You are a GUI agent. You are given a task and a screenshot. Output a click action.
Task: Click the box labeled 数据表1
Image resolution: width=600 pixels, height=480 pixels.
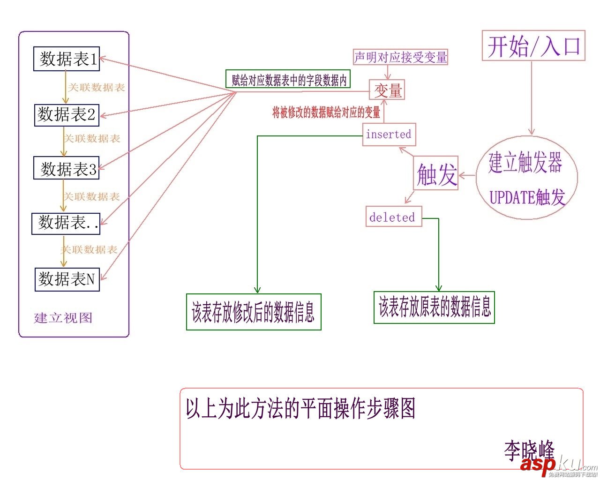(x=67, y=59)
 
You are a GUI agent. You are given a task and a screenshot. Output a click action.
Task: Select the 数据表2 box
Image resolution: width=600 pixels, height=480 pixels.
(x=67, y=115)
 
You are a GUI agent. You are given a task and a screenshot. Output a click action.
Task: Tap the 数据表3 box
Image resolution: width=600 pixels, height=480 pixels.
(x=67, y=168)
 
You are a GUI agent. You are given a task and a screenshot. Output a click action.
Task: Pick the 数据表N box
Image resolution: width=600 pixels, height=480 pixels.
(x=67, y=279)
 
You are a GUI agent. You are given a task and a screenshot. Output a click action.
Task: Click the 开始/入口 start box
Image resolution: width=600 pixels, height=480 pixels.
(x=534, y=46)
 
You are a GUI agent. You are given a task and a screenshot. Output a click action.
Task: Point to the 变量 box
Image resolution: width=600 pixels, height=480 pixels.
(x=387, y=90)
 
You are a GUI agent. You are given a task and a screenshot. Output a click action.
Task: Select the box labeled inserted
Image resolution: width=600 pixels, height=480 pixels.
(x=389, y=135)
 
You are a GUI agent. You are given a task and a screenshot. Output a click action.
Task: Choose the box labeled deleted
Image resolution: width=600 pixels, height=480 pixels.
(x=393, y=217)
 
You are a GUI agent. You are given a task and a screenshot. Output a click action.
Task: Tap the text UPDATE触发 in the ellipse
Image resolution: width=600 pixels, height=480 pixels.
(x=527, y=197)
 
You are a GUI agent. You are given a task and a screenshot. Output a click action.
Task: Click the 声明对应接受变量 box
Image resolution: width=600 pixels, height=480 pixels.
(x=400, y=57)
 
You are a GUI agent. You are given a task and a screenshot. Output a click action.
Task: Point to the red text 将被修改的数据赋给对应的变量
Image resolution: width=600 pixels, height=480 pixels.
(x=326, y=112)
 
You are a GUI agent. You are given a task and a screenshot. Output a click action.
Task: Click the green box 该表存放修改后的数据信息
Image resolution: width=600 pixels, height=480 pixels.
(x=254, y=312)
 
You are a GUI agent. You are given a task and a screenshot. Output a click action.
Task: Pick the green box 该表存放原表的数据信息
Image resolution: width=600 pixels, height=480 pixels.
(x=434, y=307)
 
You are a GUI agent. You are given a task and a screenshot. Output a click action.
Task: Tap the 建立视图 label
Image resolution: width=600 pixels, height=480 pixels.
(x=63, y=318)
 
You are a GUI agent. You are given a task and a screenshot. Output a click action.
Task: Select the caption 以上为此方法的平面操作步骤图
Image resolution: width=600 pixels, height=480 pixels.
(x=300, y=409)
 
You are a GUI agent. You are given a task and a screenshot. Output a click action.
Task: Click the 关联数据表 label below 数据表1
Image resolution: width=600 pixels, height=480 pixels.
(x=97, y=88)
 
